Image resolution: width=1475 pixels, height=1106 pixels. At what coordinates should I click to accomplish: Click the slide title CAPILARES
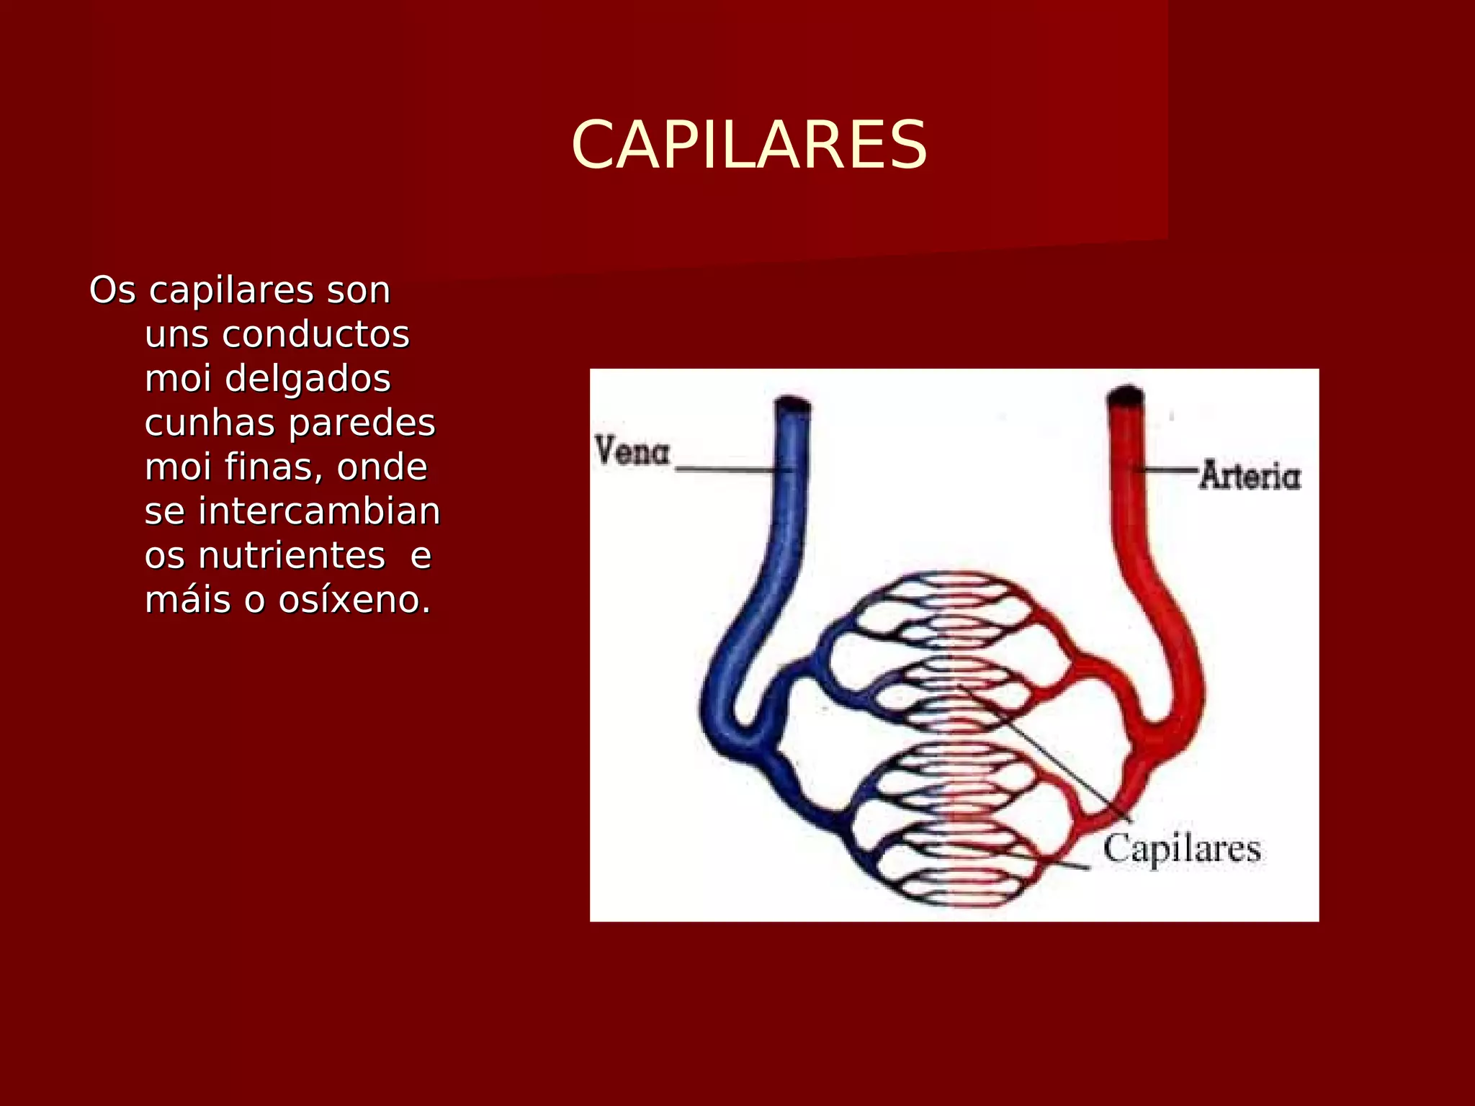[x=749, y=146]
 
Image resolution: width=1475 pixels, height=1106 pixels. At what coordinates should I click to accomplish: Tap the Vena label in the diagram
[x=632, y=452]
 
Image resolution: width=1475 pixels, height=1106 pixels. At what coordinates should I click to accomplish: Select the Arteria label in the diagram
[x=1250, y=476]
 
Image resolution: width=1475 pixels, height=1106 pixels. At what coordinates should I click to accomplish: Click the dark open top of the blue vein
[x=792, y=404]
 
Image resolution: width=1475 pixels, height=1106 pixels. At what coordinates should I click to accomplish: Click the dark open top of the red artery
[x=1126, y=396]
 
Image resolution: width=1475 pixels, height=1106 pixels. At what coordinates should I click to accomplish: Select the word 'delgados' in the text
[x=308, y=379]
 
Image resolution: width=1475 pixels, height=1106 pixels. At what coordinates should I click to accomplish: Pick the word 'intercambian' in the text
[x=319, y=512]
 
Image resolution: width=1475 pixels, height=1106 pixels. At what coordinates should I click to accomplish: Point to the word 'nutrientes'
[x=291, y=556]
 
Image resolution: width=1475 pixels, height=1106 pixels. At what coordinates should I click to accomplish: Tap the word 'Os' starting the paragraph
[x=112, y=291]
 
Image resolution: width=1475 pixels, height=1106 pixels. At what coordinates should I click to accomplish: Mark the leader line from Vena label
[x=727, y=469]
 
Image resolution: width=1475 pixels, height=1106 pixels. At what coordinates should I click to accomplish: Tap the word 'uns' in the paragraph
[x=176, y=335]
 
